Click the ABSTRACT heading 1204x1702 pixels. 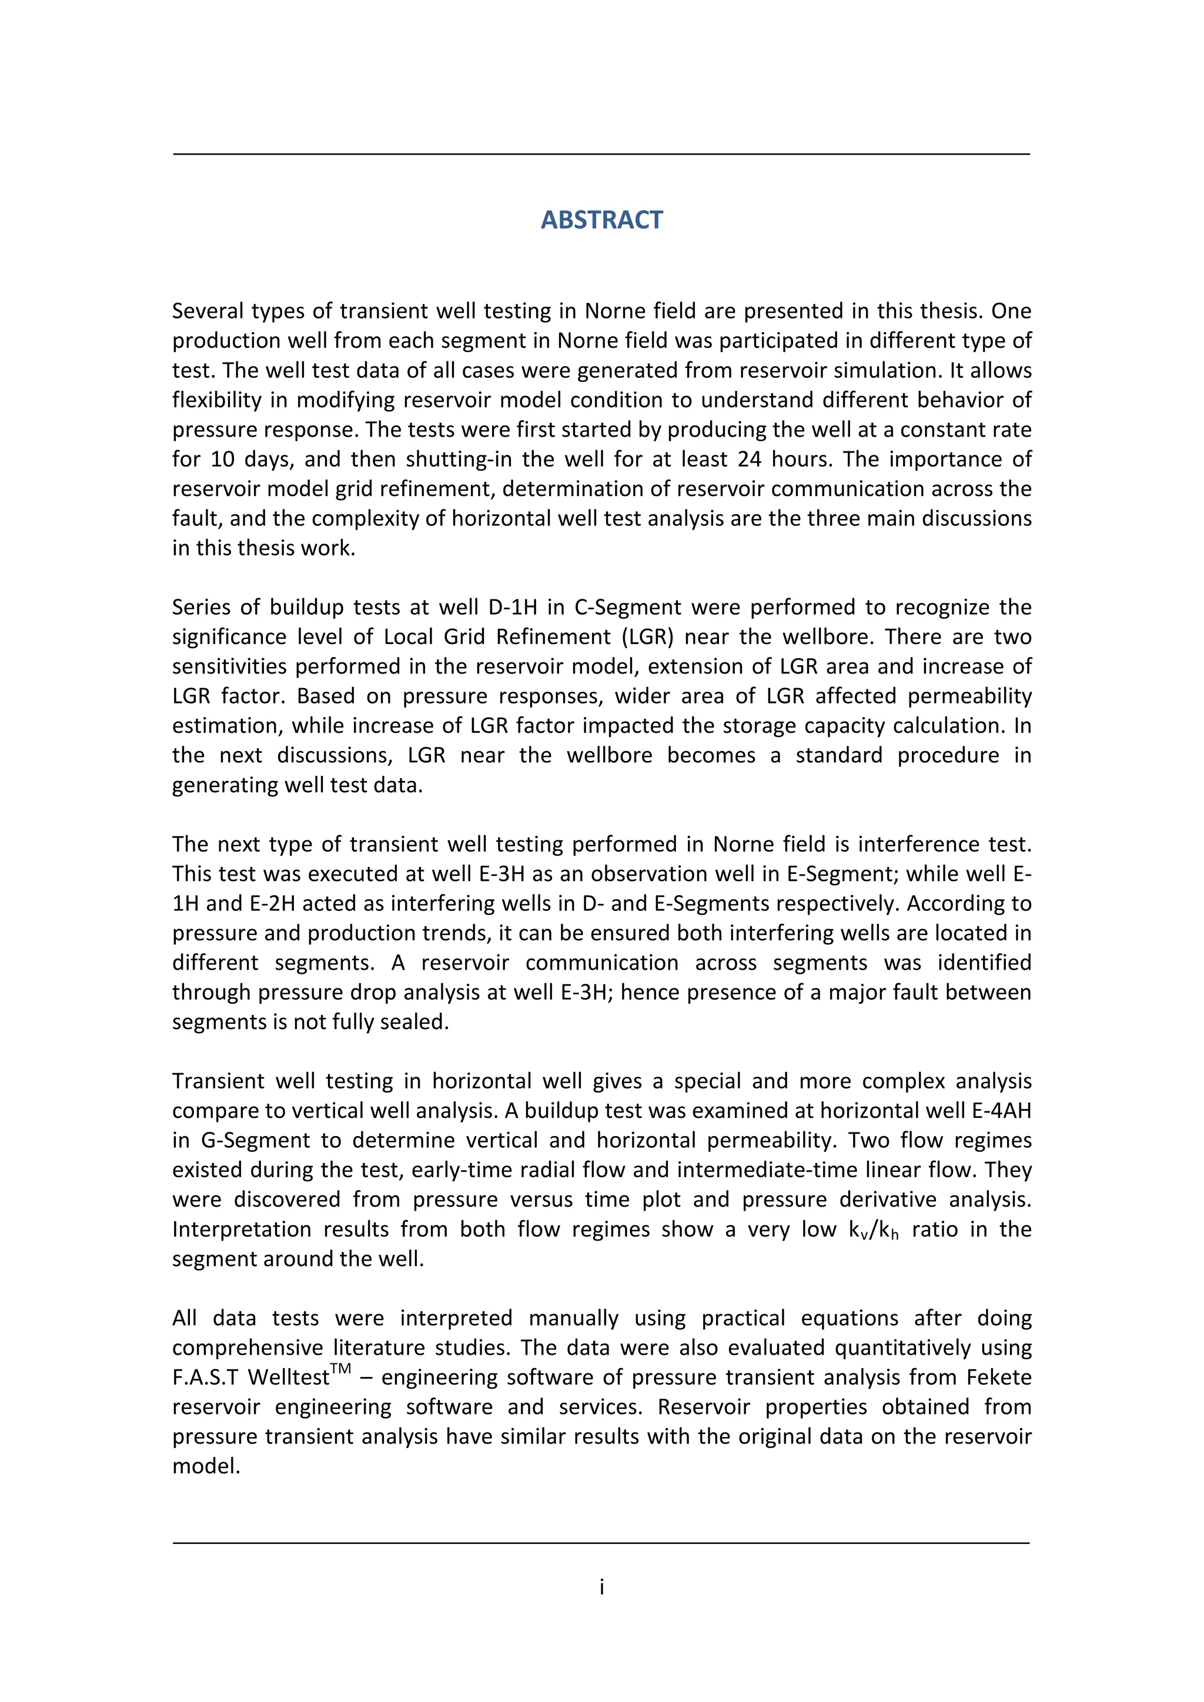click(x=601, y=220)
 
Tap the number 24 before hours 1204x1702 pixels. click(x=750, y=460)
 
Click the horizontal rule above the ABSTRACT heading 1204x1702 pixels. click(x=601, y=154)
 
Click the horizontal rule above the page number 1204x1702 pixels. click(x=601, y=1543)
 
